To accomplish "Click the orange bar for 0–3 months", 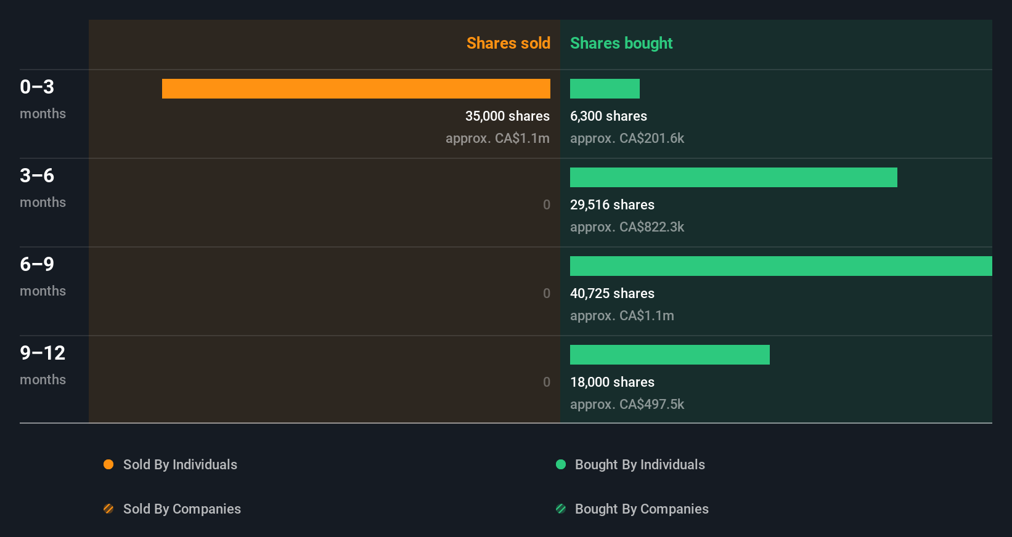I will coord(356,89).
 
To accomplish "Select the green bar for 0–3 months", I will coord(605,89).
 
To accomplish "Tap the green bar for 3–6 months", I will coord(733,177).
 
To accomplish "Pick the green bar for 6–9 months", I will coord(781,266).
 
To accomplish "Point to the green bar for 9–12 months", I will coord(670,355).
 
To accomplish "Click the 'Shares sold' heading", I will coord(508,43).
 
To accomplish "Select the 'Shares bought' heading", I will coord(621,43).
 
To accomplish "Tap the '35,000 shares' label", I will coord(507,116).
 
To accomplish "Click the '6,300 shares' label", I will coord(608,116).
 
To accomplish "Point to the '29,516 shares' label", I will coord(612,204).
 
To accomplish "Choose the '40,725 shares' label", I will coord(612,293).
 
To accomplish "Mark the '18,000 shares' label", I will coord(612,382).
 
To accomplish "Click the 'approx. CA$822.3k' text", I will coord(627,227).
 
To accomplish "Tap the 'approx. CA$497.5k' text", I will coord(627,404).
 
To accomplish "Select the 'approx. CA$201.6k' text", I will coord(627,138).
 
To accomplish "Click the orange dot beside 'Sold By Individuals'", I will coord(108,464).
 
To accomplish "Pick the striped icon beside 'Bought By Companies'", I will coord(561,509).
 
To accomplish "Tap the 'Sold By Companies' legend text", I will coord(182,509).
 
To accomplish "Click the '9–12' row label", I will coord(43,353).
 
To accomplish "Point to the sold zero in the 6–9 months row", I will coord(547,293).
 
